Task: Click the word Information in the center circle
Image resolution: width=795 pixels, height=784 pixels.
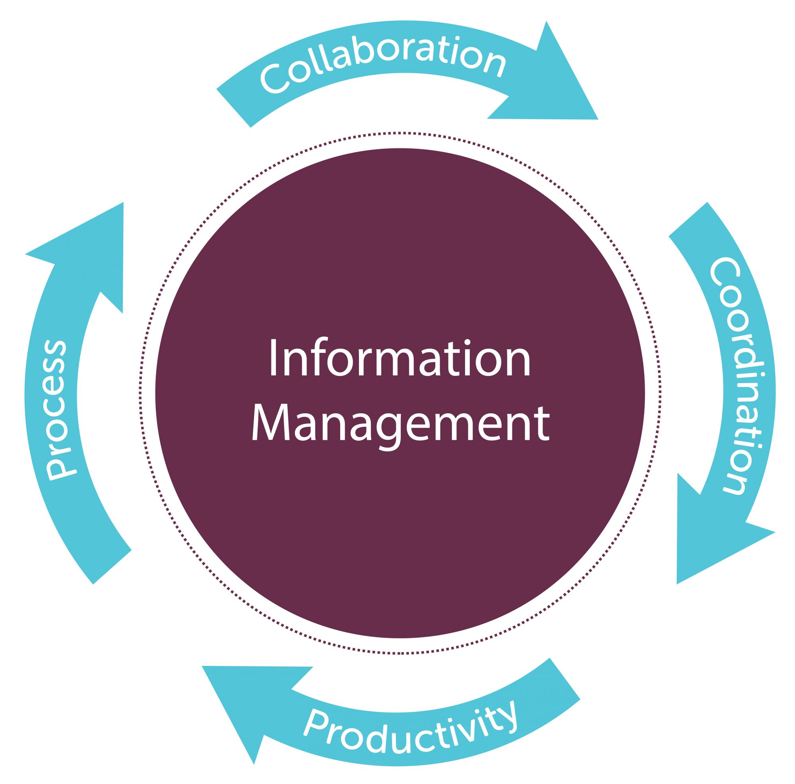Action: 399,358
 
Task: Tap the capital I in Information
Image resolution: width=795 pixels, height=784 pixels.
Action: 272,358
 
